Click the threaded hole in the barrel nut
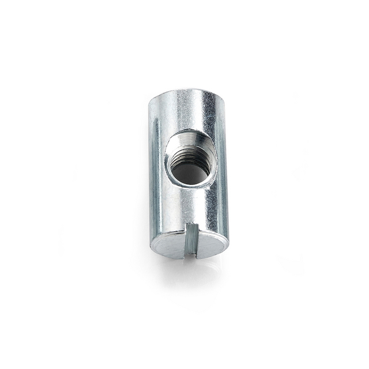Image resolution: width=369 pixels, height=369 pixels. click(x=191, y=157)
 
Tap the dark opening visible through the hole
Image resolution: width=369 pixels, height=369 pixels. click(x=191, y=171)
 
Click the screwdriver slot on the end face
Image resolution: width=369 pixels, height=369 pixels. click(x=190, y=240)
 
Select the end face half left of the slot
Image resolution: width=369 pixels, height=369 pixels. click(x=168, y=244)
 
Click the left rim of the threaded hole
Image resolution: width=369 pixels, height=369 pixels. click(x=167, y=159)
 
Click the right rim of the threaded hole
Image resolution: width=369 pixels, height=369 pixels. click(x=216, y=156)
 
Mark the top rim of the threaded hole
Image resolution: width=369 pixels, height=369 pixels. click(x=191, y=131)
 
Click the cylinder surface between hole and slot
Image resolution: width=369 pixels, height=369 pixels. click(x=190, y=205)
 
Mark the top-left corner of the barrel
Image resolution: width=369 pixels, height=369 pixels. click(x=151, y=101)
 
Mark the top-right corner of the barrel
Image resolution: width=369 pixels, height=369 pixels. click(x=224, y=98)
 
